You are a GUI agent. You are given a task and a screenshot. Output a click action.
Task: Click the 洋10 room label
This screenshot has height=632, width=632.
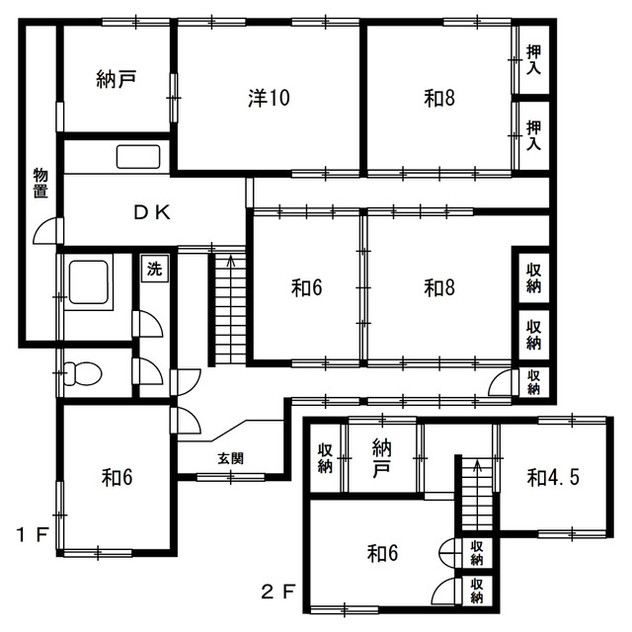(x=269, y=98)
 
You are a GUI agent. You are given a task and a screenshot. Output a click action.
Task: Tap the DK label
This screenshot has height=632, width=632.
(x=152, y=213)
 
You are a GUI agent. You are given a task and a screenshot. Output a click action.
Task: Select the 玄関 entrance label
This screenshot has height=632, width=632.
(x=230, y=458)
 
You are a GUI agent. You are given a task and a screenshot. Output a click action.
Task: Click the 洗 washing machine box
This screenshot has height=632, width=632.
(x=154, y=269)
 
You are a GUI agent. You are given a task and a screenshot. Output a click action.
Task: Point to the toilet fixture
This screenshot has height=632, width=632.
(x=83, y=373)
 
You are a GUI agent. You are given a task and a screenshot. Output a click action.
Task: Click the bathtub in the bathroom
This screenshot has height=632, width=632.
(x=89, y=281)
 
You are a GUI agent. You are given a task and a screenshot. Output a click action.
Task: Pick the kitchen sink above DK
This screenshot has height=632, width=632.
(x=138, y=156)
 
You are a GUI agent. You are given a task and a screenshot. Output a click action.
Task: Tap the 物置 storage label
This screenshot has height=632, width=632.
(x=40, y=183)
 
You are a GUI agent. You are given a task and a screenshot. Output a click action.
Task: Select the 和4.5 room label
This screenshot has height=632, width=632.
(x=553, y=478)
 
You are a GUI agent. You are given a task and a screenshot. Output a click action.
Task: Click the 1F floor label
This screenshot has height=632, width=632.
(x=33, y=535)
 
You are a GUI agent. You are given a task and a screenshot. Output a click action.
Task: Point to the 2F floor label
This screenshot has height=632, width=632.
(x=278, y=592)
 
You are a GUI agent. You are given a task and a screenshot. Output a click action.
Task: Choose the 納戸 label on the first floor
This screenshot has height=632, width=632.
(x=116, y=79)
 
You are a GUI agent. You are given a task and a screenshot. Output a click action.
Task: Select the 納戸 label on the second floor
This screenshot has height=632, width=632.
(x=382, y=458)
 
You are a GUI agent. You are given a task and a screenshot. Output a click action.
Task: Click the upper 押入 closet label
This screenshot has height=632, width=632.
(x=534, y=59)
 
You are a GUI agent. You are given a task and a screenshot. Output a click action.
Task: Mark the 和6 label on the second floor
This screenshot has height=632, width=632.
(x=382, y=553)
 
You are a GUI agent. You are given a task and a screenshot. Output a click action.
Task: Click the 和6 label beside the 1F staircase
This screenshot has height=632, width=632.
(x=307, y=288)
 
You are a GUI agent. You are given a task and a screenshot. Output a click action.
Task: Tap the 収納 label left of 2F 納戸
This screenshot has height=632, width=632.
(x=325, y=458)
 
